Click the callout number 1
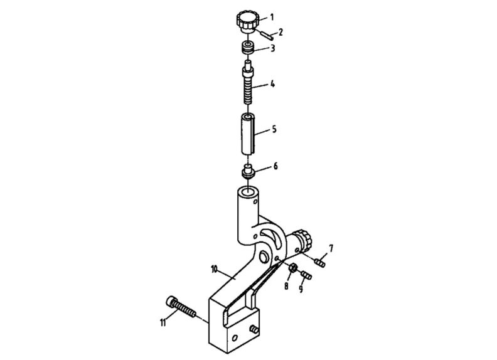[271, 17]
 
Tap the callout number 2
[281, 31]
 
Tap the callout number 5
[275, 130]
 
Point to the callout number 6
[275, 167]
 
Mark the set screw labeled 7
[321, 262]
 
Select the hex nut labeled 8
[292, 269]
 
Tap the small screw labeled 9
[306, 275]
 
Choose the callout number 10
[215, 268]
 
